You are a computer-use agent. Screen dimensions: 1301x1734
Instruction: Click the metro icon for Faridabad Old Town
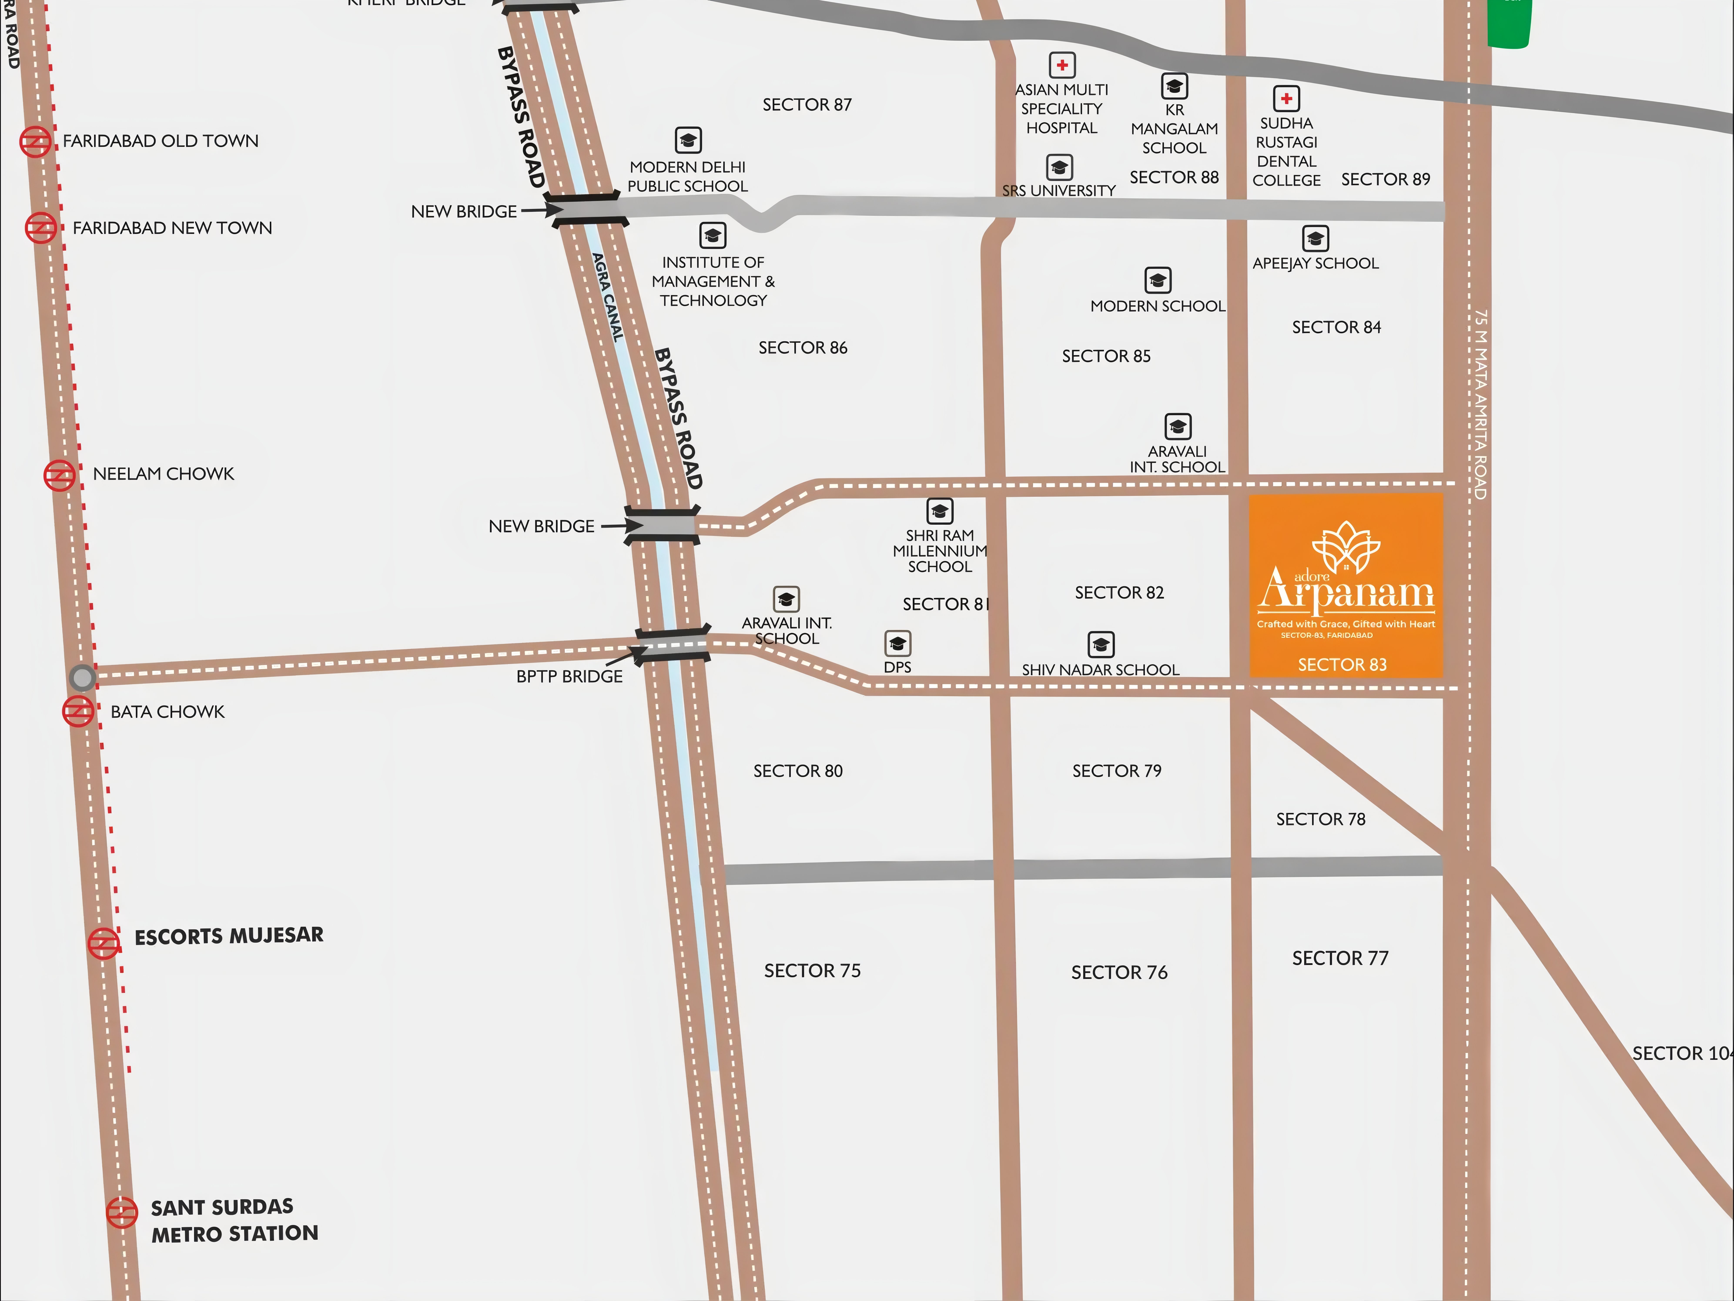[x=35, y=142]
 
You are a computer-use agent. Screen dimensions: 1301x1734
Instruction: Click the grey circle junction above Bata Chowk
[x=82, y=677]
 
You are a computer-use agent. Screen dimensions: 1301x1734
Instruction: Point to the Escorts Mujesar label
[x=229, y=936]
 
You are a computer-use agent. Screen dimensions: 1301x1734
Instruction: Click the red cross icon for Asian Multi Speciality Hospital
[x=1062, y=65]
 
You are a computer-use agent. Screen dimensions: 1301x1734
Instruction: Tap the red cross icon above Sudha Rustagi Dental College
[x=1286, y=99]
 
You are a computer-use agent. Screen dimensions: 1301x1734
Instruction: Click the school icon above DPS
[x=898, y=644]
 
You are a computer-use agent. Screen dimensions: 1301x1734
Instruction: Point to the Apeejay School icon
[x=1315, y=238]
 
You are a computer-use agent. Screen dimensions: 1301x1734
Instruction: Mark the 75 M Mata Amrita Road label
[x=1480, y=404]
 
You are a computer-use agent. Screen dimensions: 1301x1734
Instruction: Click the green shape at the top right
[x=1509, y=23]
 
